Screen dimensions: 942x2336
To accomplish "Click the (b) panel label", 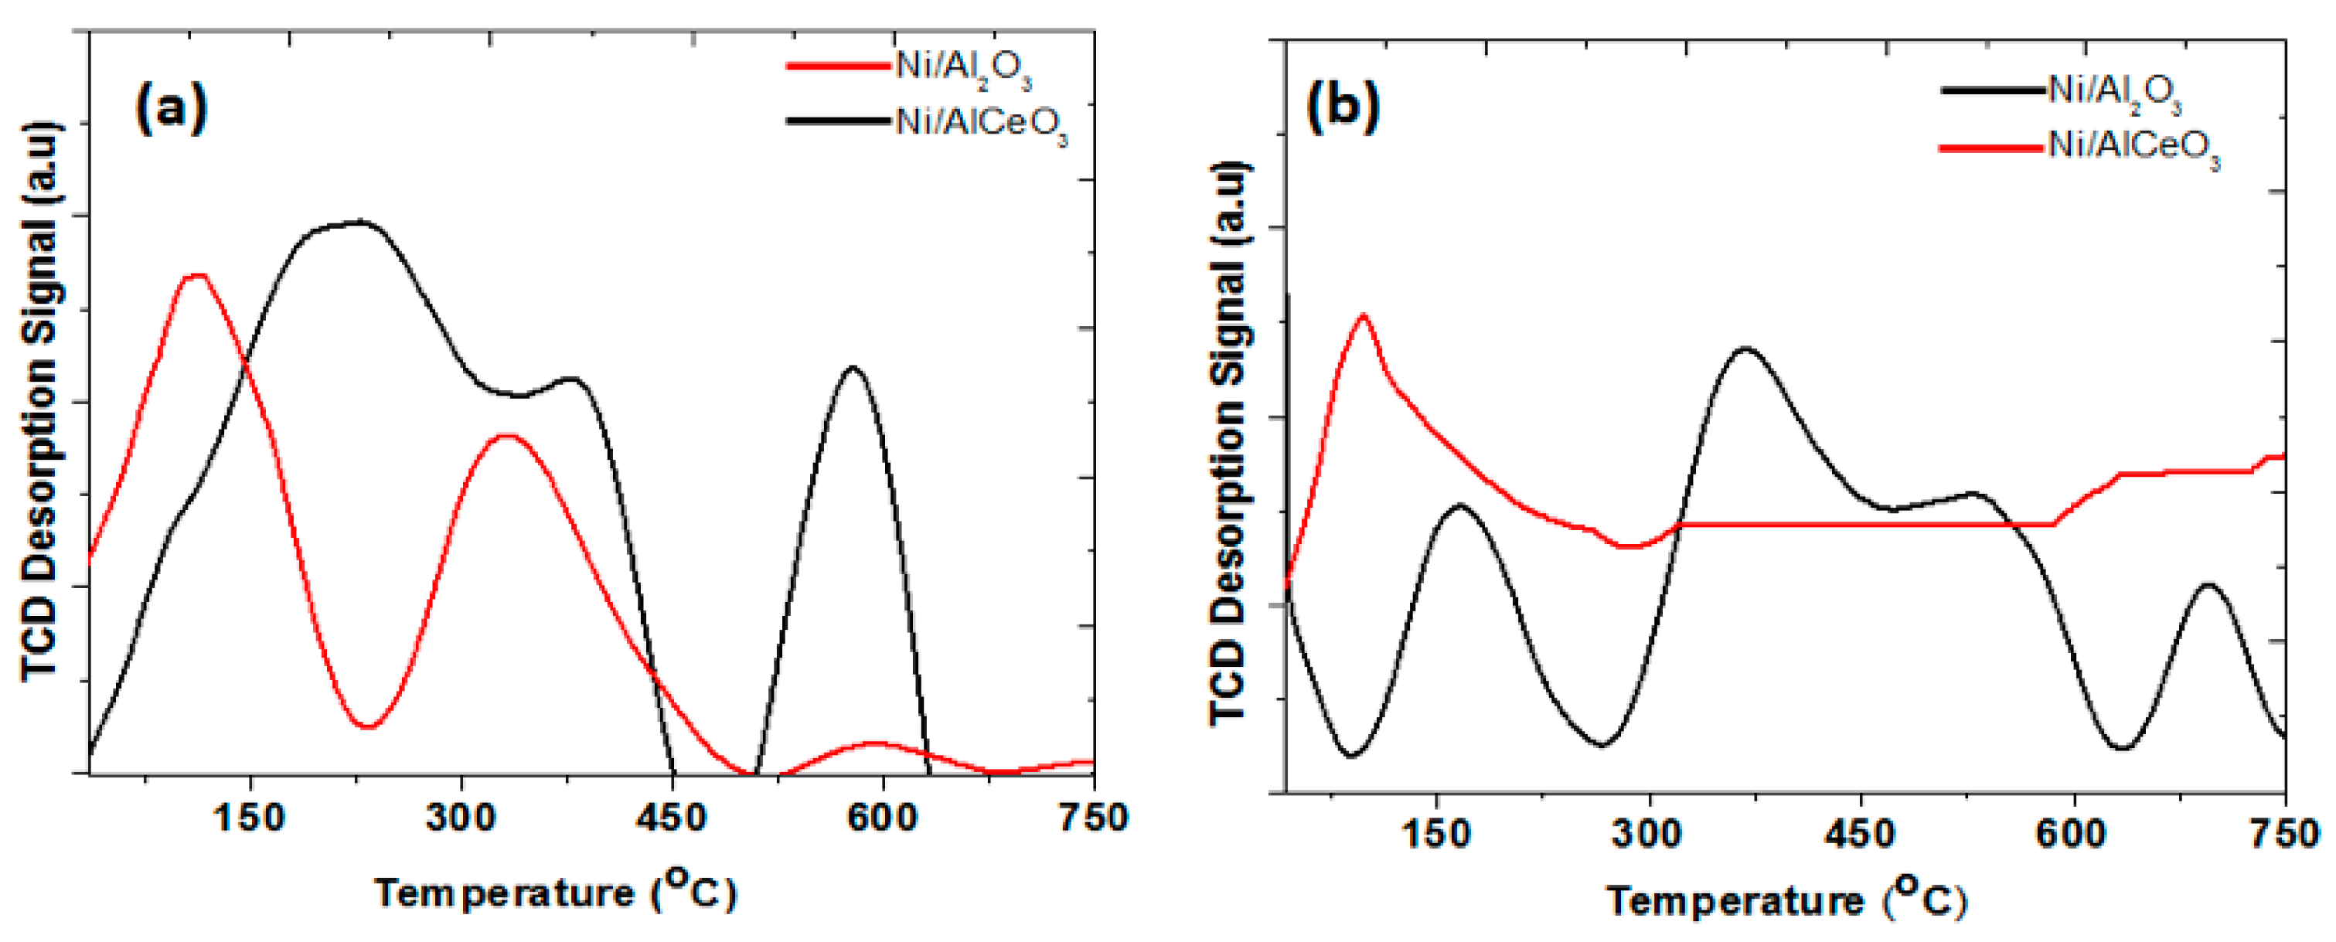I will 1342,107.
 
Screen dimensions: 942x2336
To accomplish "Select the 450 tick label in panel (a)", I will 670,818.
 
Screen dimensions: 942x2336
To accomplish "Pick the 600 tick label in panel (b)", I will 2071,833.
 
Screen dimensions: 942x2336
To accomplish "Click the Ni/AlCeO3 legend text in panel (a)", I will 981,124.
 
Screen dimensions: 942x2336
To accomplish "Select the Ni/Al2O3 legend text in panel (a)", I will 963,68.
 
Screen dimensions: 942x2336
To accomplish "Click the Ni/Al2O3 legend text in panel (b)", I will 2114,93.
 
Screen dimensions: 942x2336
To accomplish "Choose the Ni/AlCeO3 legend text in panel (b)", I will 2133,148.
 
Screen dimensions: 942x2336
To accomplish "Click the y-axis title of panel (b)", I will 1231,444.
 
